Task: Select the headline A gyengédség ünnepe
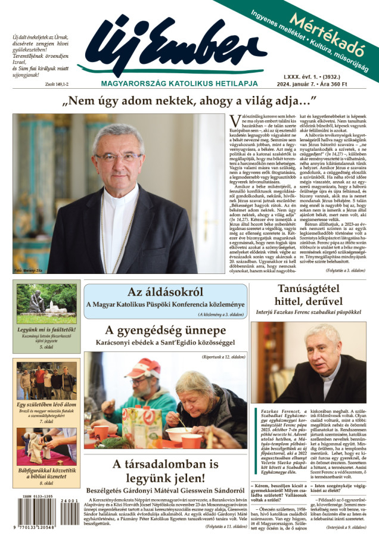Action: tap(165, 330)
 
